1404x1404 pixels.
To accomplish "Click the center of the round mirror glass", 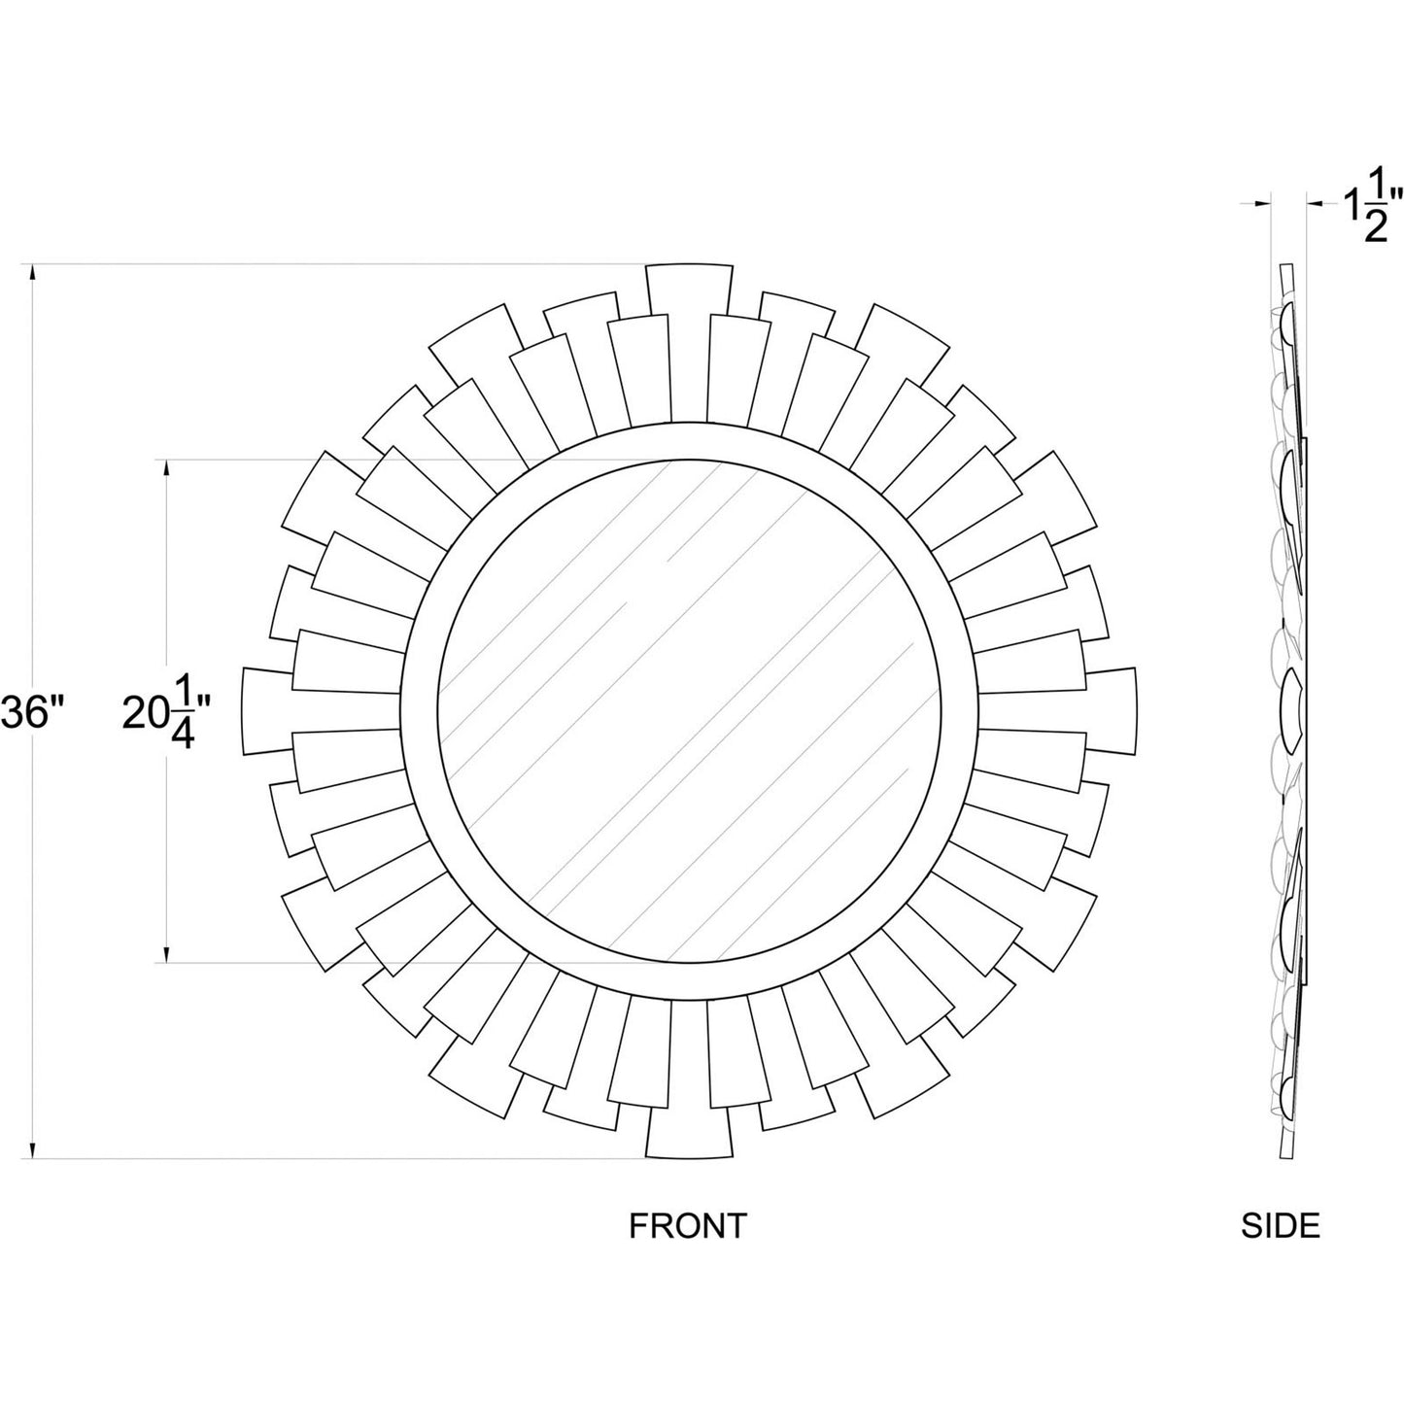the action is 689,710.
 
